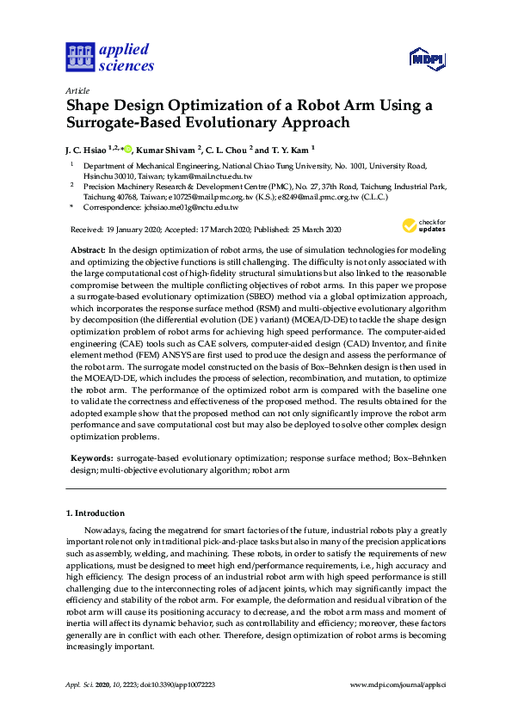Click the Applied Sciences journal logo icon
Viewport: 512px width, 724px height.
point(78,57)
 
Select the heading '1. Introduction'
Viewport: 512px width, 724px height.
point(96,513)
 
